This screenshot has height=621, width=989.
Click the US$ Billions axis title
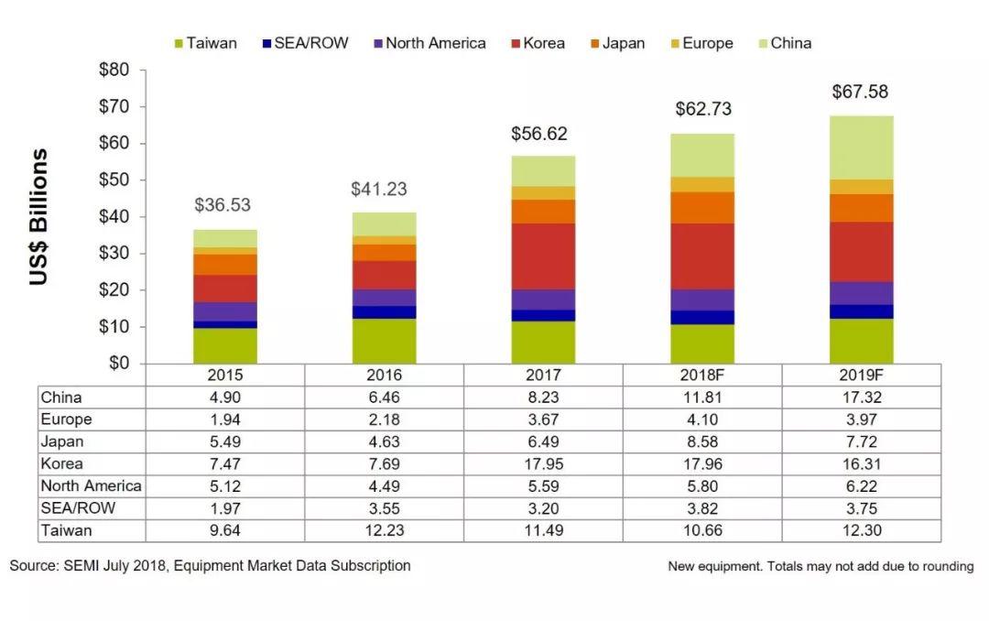(38, 217)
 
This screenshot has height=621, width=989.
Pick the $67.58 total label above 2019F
(860, 93)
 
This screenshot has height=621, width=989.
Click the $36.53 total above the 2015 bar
(224, 204)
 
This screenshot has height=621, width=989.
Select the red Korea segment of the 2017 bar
(543, 256)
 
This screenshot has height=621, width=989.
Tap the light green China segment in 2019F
(862, 147)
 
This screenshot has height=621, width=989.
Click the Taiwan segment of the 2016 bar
(384, 341)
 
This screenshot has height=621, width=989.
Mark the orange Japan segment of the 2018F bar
(702, 208)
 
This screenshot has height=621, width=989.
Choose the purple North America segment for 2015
(224, 311)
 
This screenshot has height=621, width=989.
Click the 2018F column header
(702, 376)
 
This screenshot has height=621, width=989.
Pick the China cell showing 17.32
(861, 398)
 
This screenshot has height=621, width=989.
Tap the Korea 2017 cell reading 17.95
(543, 463)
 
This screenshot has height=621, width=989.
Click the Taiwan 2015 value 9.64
(224, 530)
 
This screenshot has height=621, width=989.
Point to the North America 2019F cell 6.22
(861, 486)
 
